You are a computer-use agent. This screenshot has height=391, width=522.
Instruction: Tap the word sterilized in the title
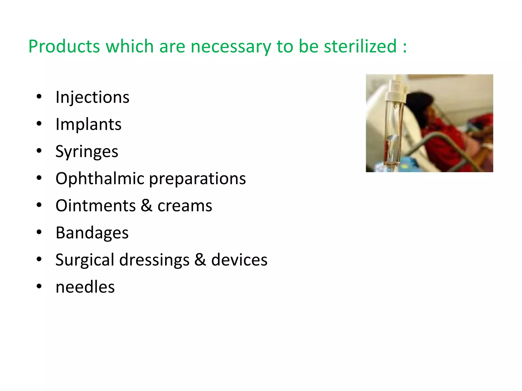pyautogui.click(x=360, y=47)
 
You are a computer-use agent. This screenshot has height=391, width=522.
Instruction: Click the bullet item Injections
pyautogui.click(x=93, y=97)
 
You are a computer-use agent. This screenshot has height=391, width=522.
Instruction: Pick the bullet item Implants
pyautogui.click(x=88, y=124)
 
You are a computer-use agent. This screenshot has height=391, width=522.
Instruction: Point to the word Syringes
pyautogui.click(x=87, y=152)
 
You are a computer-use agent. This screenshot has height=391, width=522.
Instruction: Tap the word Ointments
pyautogui.click(x=96, y=206)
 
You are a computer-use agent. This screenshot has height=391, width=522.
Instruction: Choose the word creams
pyautogui.click(x=185, y=206)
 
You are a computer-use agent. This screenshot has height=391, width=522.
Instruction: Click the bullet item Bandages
pyautogui.click(x=92, y=233)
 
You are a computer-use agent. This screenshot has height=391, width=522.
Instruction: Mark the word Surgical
pyautogui.click(x=85, y=260)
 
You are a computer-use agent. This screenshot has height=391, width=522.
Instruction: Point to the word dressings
pyautogui.click(x=154, y=260)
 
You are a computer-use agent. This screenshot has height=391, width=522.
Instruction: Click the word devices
pyautogui.click(x=239, y=260)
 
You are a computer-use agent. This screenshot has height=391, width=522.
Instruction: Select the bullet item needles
pyautogui.click(x=85, y=287)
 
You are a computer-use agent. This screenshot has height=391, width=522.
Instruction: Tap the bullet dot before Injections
pyautogui.click(x=39, y=97)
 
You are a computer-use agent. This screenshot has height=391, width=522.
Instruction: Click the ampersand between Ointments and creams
pyautogui.click(x=146, y=206)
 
